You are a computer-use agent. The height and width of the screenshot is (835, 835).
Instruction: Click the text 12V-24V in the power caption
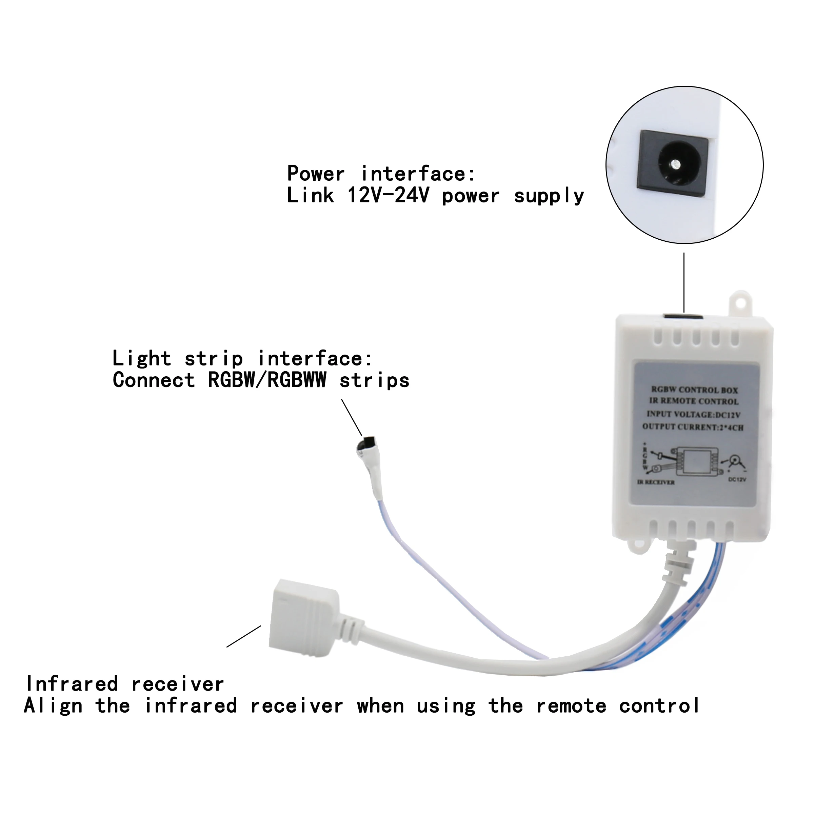[x=388, y=196]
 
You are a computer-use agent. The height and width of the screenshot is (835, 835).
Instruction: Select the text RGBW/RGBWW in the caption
[x=267, y=380]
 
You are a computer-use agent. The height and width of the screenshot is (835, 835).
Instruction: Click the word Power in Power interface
[x=316, y=174]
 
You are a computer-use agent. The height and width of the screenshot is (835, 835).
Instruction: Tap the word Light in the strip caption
[x=141, y=359]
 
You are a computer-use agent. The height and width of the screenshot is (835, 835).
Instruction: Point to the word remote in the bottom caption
[x=571, y=706]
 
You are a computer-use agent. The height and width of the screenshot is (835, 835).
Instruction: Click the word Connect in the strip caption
[x=154, y=380]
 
